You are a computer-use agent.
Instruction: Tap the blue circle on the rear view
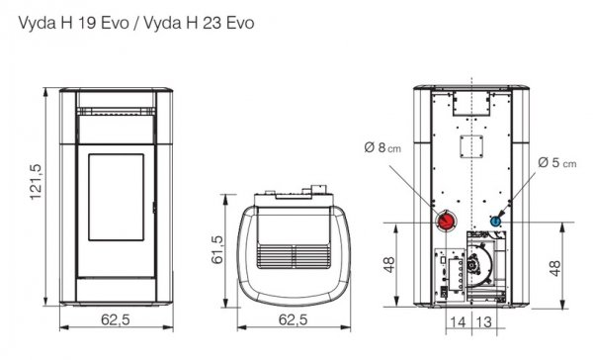pyautogui.click(x=496, y=220)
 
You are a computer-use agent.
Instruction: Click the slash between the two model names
pyautogui.click(x=117, y=20)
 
